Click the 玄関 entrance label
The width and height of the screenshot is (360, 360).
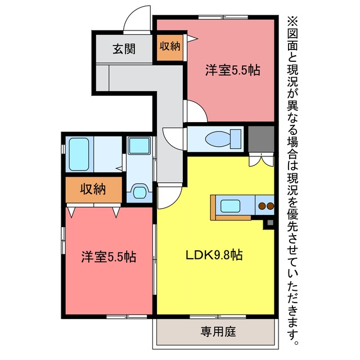tap(124, 49)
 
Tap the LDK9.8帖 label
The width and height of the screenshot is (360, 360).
tap(214, 255)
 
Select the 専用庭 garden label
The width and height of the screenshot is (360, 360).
tap(218, 331)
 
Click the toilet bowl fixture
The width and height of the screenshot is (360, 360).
tap(218, 139)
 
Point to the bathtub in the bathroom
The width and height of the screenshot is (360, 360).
tap(79, 154)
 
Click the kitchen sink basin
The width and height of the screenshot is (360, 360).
tap(230, 206)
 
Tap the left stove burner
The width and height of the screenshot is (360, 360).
tap(262, 206)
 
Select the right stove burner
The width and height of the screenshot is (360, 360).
tap(271, 206)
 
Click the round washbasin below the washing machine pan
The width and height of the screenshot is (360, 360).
tap(139, 192)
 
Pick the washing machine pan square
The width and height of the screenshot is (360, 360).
tap(139, 146)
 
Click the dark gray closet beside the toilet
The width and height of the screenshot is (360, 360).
tap(261, 139)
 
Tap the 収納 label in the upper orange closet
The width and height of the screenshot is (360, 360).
tap(170, 46)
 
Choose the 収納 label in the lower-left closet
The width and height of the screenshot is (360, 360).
tap(93, 189)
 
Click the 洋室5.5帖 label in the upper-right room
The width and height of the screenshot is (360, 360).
tap(233, 70)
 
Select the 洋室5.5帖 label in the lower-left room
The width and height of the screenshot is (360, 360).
tap(109, 256)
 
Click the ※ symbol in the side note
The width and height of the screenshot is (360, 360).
tap(292, 22)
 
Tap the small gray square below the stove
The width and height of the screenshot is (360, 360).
tap(270, 223)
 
